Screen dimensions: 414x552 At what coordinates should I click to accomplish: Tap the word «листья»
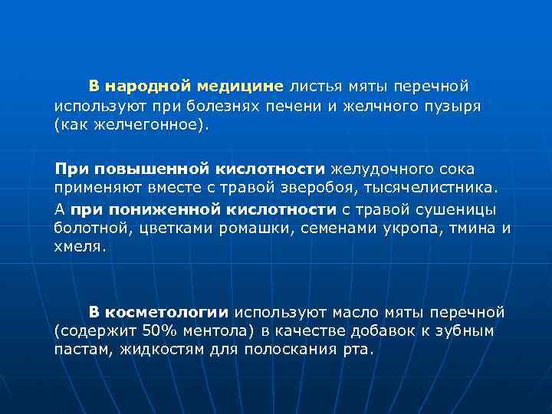pos(314,84)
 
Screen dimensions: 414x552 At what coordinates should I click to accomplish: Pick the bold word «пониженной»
pos(153,208)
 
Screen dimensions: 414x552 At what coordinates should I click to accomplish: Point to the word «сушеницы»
pos(459,208)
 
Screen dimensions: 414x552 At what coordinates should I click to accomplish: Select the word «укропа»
pos(408,228)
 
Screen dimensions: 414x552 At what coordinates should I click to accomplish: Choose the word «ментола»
pos(196,331)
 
